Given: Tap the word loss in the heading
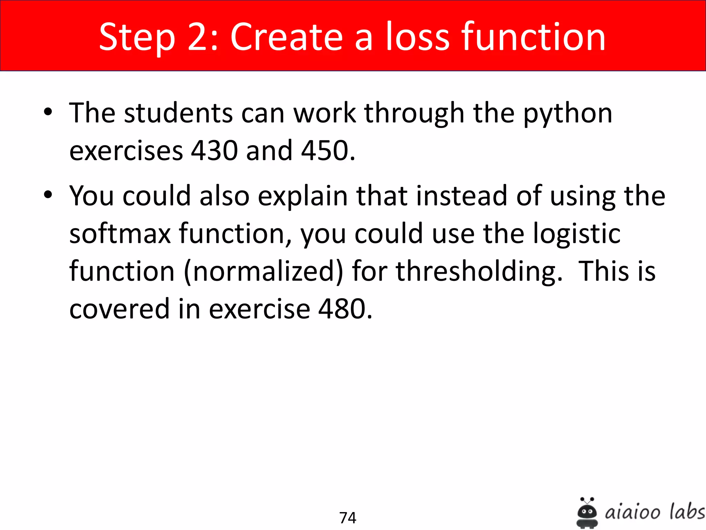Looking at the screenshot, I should point(417,37).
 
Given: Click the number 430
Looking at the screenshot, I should point(214,151).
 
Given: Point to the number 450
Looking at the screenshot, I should point(327,151).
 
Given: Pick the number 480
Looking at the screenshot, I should point(345,308).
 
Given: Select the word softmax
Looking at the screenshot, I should point(120,234).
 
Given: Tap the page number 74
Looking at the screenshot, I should point(347,518).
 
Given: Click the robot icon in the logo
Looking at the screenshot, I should point(587,513).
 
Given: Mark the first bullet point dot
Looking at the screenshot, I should point(48,112).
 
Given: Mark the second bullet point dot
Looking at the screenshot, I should point(48,194).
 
